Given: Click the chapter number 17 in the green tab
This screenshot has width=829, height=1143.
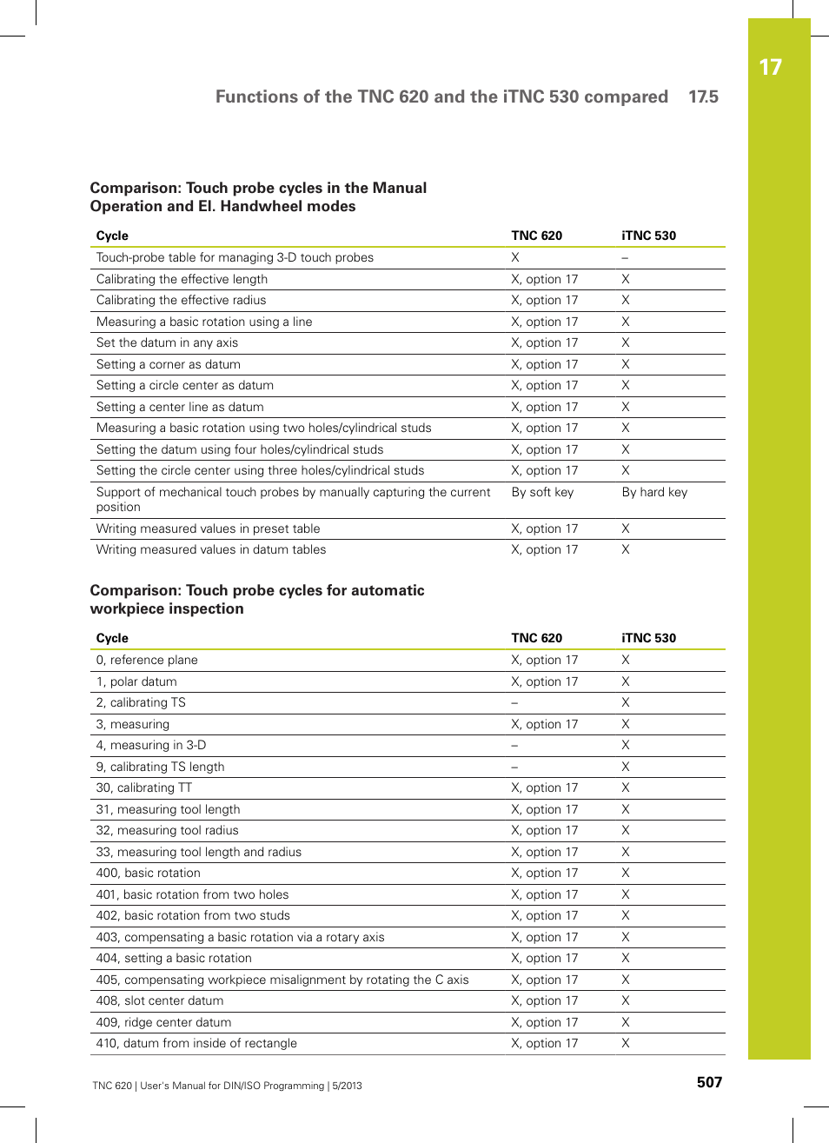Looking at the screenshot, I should (x=770, y=68).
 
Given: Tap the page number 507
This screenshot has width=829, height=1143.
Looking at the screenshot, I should (x=709, y=1082).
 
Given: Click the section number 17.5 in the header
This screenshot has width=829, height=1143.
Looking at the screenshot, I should (x=703, y=96).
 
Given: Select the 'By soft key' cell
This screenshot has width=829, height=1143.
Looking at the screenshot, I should (x=542, y=492).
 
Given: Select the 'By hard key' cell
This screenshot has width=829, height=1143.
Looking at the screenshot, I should (x=654, y=492).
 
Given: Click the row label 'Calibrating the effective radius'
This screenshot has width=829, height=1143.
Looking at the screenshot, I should (x=181, y=300).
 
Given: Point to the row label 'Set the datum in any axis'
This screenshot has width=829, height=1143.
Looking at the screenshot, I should (x=167, y=342).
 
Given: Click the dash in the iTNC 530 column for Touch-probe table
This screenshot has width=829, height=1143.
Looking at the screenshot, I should (x=625, y=258).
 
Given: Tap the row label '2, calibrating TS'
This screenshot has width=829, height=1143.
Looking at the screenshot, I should (x=141, y=702).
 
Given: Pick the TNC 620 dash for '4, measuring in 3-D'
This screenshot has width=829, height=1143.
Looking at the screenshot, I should (x=514, y=746).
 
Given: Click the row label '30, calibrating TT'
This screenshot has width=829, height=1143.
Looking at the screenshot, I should (x=143, y=787).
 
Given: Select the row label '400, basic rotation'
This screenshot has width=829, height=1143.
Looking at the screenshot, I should (x=148, y=873).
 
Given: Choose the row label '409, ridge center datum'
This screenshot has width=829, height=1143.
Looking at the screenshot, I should (x=163, y=1022).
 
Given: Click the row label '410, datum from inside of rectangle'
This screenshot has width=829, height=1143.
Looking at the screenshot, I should (x=196, y=1043).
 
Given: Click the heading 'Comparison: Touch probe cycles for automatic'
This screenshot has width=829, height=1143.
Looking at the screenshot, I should (x=257, y=590).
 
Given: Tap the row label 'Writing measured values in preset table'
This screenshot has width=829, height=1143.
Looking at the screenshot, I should (x=208, y=528).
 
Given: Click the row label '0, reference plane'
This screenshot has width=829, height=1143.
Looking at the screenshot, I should (x=147, y=660).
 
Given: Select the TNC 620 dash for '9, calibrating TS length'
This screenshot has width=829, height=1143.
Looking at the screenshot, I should (x=514, y=768).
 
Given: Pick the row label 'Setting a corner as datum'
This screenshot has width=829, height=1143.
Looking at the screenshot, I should (x=168, y=364).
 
